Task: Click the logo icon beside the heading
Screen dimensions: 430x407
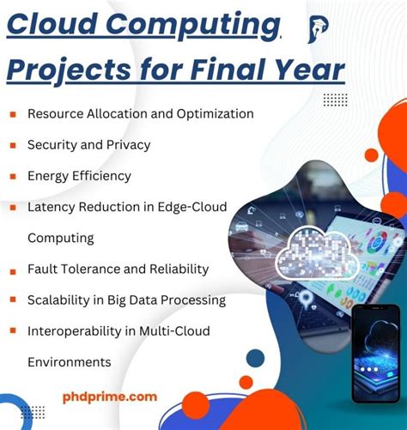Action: coord(318,29)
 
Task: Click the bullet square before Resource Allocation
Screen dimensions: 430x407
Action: coord(13,114)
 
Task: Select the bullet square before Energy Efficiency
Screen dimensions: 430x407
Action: coord(13,177)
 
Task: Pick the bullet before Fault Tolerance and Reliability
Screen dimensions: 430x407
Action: coord(13,270)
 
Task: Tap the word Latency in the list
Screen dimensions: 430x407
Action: coord(52,207)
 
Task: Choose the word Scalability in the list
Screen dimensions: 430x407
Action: coord(63,300)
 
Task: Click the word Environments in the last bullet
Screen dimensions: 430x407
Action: coord(69,361)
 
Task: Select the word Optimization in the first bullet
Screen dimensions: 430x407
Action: coord(213,113)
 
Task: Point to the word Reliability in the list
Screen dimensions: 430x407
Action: coord(175,269)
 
